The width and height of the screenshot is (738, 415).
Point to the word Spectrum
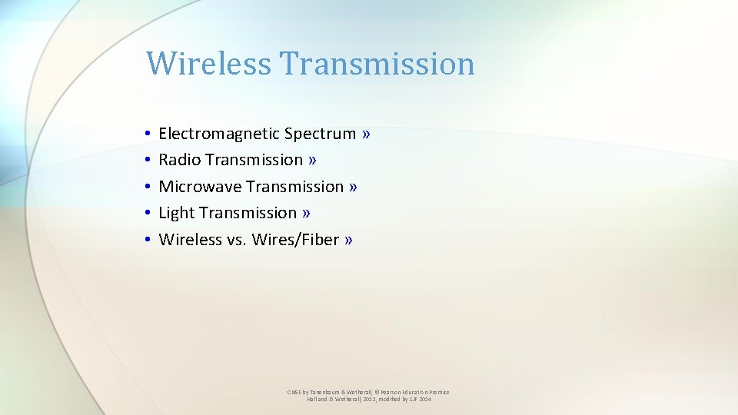[320, 134]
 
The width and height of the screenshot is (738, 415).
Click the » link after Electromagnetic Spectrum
[366, 134]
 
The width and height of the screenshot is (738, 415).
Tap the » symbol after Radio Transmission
[312, 160]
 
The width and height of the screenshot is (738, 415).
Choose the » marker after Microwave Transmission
[353, 187]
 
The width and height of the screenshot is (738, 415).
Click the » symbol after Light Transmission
[306, 213]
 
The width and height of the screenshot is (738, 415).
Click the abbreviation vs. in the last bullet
[235, 240]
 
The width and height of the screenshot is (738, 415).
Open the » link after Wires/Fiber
[349, 240]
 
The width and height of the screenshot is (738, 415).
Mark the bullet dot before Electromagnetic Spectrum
[146, 134]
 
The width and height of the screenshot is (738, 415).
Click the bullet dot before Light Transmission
[146, 214]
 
